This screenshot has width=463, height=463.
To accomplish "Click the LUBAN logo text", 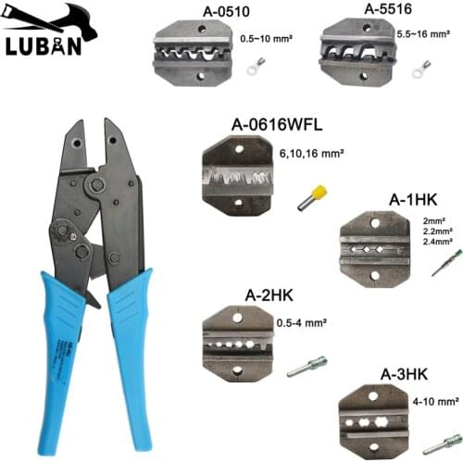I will pyautogui.click(x=48, y=46).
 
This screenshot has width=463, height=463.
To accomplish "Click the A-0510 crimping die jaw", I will pyautogui.click(x=196, y=55).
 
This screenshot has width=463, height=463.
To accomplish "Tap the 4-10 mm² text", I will pyautogui.click(x=435, y=403).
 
